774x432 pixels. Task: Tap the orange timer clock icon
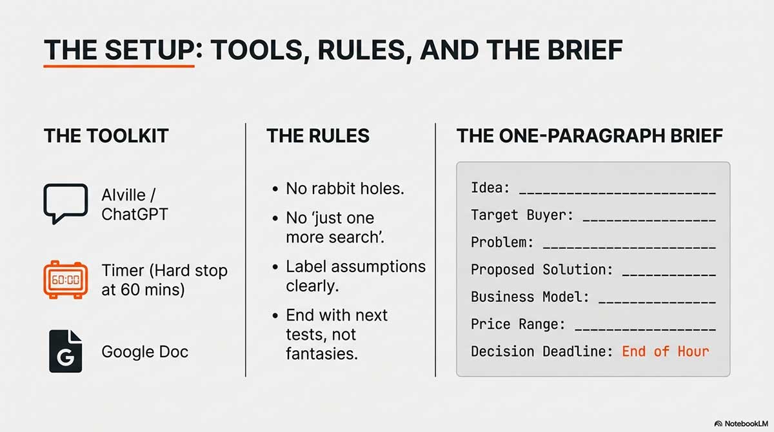pos(65,280)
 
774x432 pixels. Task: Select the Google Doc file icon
pos(65,351)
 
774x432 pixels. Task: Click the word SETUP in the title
pos(149,50)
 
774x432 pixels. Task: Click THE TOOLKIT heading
pos(106,135)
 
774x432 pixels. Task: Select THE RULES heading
pos(318,135)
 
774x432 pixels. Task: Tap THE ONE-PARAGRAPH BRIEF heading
pos(590,135)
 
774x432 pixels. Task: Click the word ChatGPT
pos(135,214)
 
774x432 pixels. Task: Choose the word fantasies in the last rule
pos(322,353)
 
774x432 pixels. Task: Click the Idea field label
pos(490,188)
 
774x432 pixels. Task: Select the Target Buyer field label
pos(522,215)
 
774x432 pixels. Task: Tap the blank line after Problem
pos(630,247)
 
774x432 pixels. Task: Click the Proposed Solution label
pos(542,270)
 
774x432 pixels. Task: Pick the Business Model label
pos(530,297)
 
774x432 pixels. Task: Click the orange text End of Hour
pos(666,351)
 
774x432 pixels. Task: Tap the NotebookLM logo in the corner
pos(741,424)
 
